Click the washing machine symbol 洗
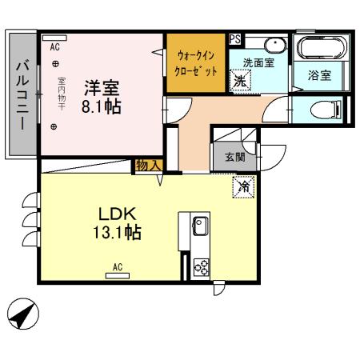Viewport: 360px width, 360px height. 240,79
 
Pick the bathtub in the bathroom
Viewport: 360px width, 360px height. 320,48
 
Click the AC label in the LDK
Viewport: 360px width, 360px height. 117,266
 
